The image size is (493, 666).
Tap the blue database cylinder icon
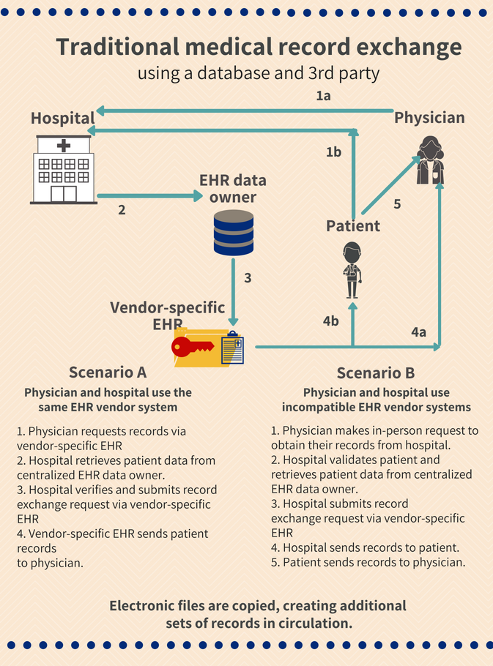pyautogui.click(x=234, y=233)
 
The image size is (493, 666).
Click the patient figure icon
pyautogui.click(x=352, y=269)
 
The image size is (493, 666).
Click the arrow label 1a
pyautogui.click(x=323, y=96)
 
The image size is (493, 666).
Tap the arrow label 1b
pyautogui.click(x=333, y=152)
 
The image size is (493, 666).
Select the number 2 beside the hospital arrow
pyautogui.click(x=122, y=210)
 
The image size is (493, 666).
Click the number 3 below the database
pyautogui.click(x=248, y=278)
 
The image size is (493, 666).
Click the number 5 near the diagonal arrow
pyautogui.click(x=397, y=204)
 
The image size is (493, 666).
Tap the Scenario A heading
pyautogui.click(x=108, y=371)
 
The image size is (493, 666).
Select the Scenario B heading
pyautogui.click(x=376, y=372)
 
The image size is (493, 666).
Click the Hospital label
pyautogui.click(x=63, y=118)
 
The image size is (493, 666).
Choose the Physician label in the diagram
pyautogui.click(x=429, y=117)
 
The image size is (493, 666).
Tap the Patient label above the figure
pyautogui.click(x=353, y=225)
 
